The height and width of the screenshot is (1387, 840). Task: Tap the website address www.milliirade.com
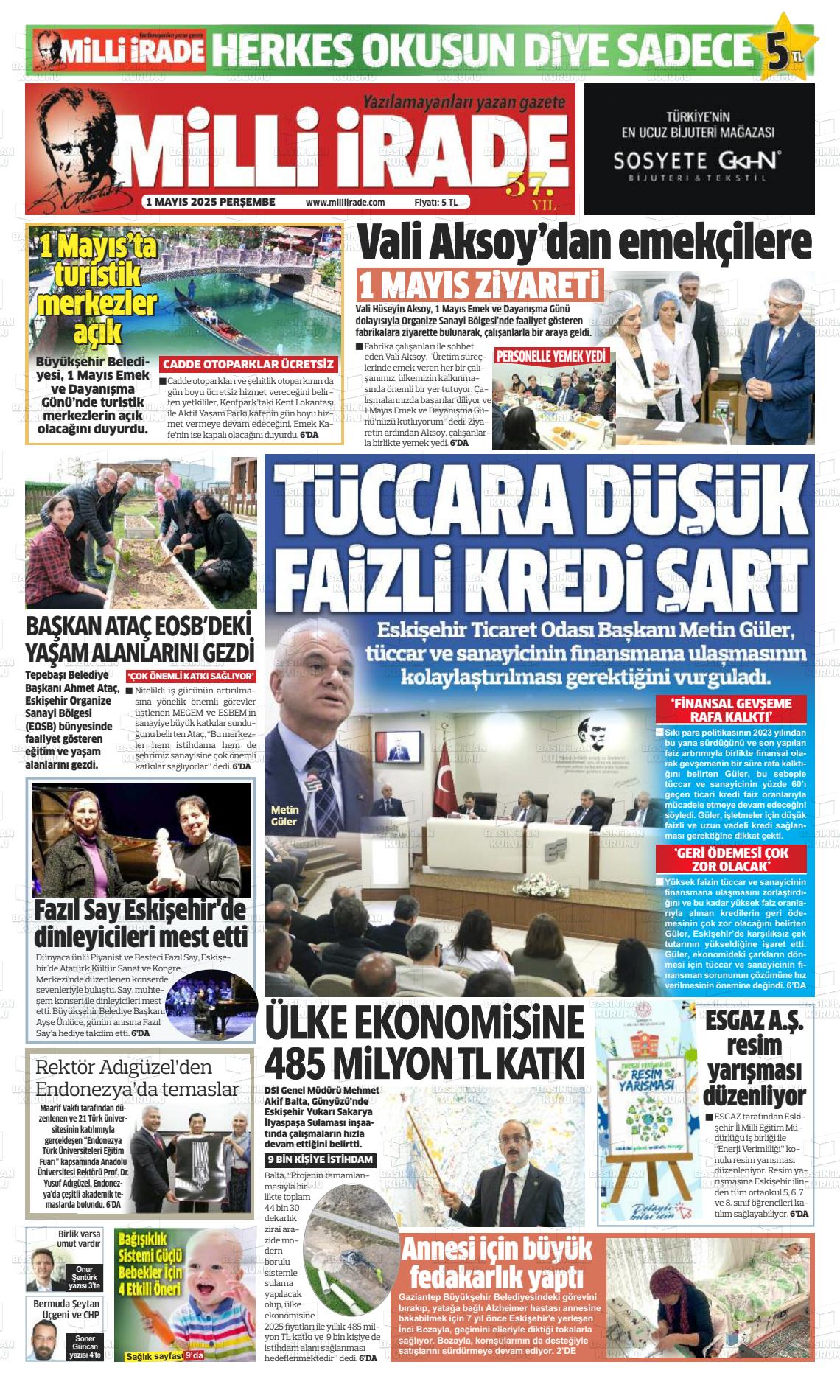click(345, 202)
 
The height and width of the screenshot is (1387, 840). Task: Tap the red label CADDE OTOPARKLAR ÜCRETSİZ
click(248, 364)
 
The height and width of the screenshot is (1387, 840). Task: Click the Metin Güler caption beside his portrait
click(284, 816)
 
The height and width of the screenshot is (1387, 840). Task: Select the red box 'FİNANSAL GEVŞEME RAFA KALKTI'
click(731, 709)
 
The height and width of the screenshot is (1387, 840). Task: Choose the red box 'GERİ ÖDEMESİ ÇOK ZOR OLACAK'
click(731, 859)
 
